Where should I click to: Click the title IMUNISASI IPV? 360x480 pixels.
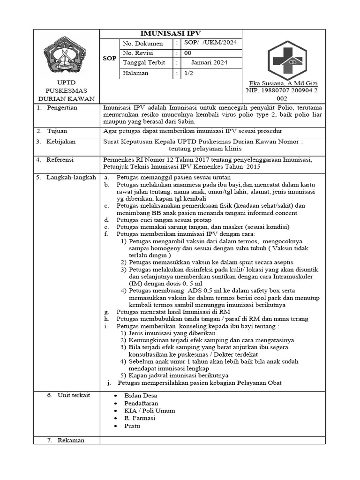[171, 33]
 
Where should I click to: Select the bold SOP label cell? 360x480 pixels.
[109, 59]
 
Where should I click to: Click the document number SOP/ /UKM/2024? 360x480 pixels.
[210, 43]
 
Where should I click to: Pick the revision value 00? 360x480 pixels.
[187, 53]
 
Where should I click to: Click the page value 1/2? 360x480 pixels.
[188, 73]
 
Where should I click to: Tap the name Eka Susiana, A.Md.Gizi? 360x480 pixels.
[277, 83]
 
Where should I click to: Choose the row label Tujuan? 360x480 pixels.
[57, 130]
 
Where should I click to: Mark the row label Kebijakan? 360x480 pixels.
[60, 141]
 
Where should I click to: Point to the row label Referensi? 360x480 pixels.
[60, 160]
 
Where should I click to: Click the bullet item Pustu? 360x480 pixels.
[132, 426]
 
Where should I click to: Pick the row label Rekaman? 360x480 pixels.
[71, 440]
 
